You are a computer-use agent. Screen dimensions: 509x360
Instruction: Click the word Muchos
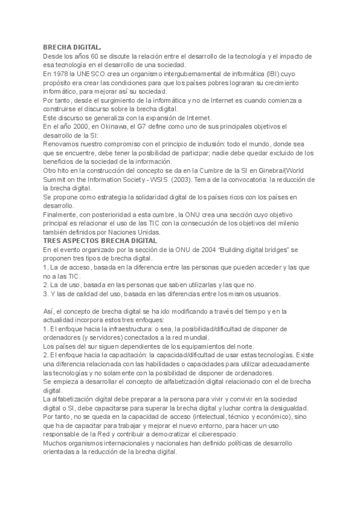pyautogui.click(x=55, y=444)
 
